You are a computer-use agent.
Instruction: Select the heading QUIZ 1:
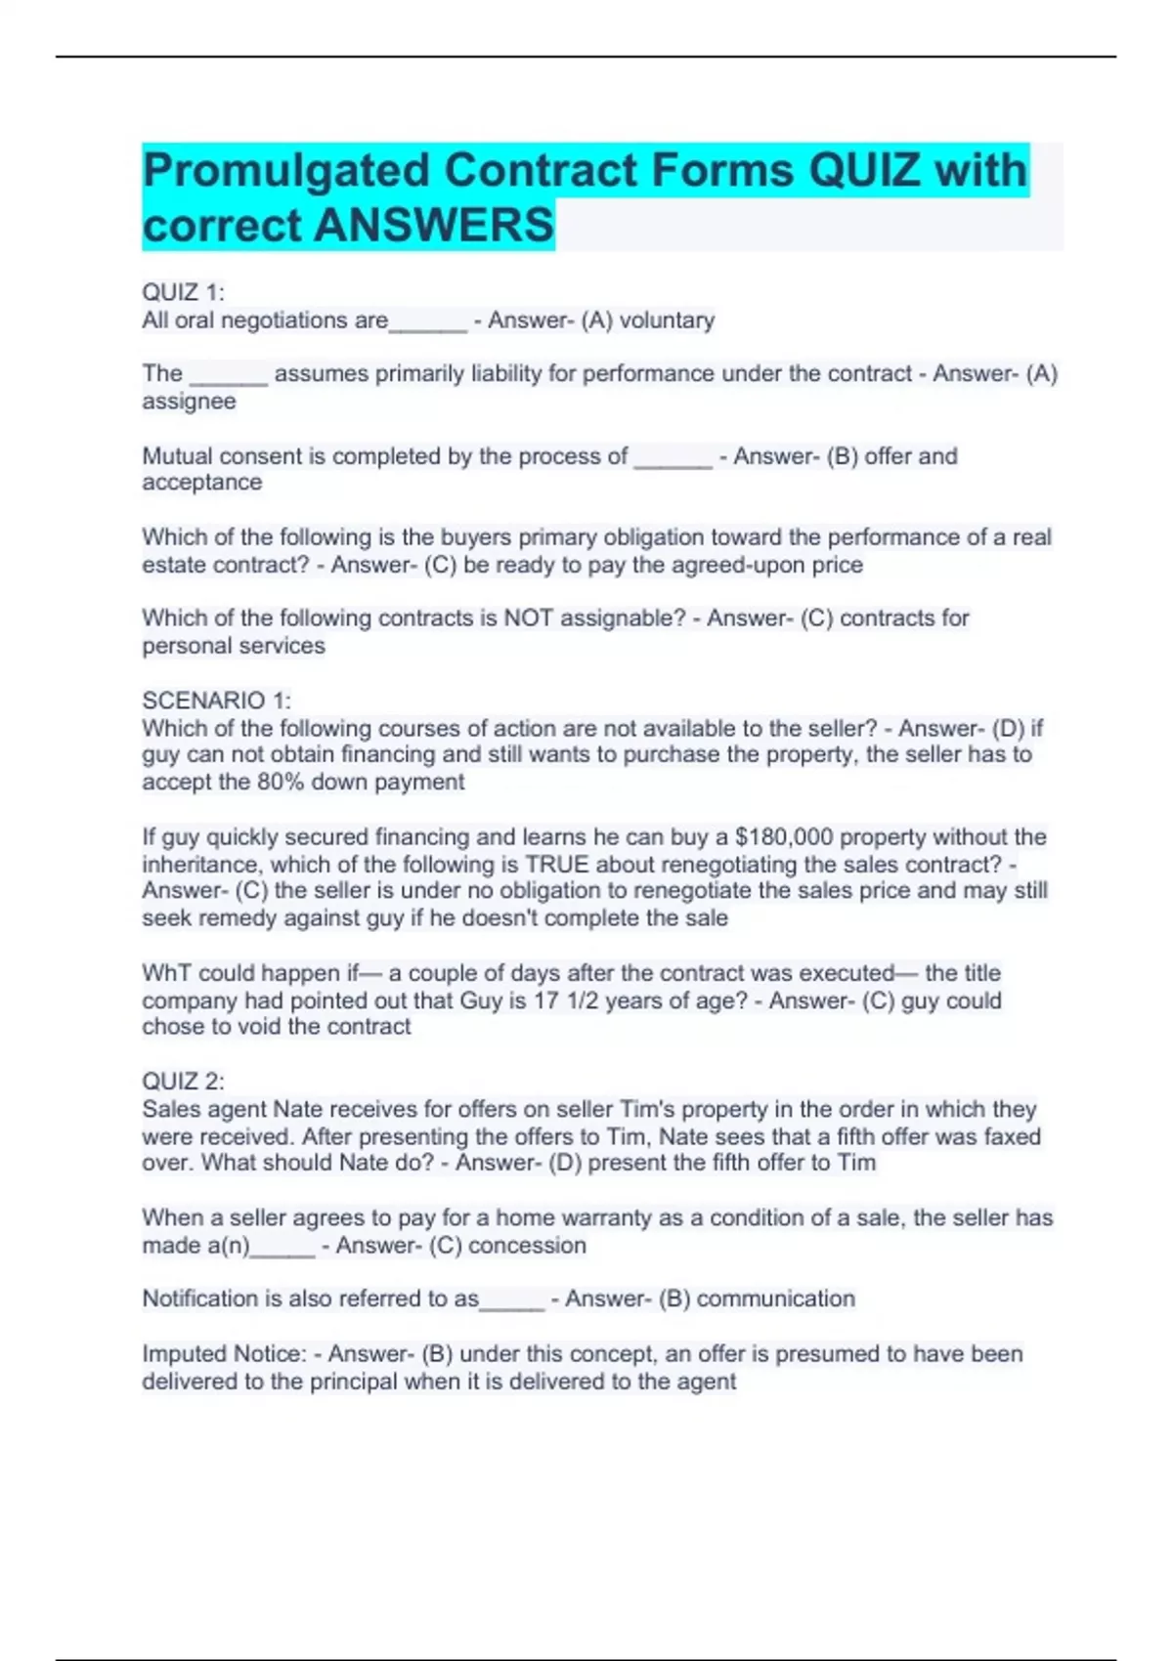tap(183, 292)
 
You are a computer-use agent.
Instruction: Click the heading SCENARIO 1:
tap(216, 701)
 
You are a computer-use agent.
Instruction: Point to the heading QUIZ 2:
tap(183, 1082)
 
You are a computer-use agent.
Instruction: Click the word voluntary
tap(667, 320)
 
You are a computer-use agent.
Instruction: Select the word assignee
tap(189, 402)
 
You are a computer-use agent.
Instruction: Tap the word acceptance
tap(201, 483)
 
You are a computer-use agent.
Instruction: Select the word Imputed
tap(184, 1354)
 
